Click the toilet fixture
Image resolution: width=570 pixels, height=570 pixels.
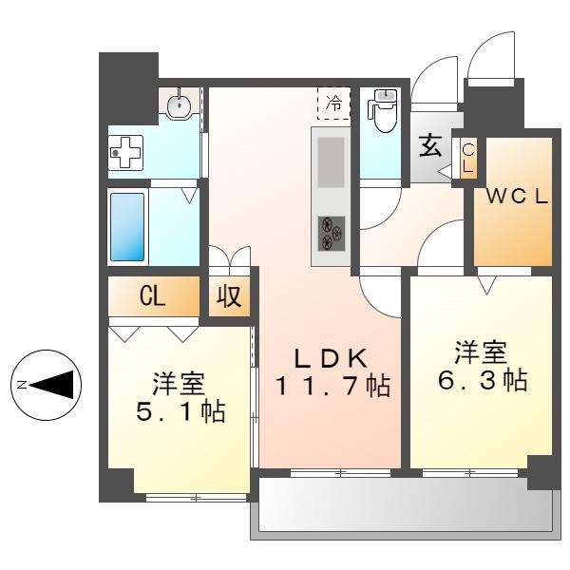coord(382,110)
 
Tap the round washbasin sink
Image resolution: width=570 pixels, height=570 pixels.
coord(179,104)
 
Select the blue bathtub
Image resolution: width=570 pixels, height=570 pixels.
coord(127,227)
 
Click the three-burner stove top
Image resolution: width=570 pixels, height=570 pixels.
coord(332,234)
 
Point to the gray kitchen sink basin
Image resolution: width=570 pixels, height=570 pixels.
coord(331,162)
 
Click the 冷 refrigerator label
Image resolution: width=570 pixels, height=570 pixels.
coord(333,103)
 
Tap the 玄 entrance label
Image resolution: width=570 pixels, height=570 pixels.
coord(430,145)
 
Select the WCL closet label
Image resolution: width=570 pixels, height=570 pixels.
coord(517,198)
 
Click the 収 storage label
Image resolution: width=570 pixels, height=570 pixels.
coord(229,295)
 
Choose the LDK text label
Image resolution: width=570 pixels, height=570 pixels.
coord(331,358)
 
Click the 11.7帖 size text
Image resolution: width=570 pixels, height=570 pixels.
coord(333,386)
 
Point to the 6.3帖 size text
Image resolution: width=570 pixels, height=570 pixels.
coord(483,381)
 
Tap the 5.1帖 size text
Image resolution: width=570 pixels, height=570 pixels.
coord(180,412)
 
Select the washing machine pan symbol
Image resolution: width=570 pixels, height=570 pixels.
coord(126,153)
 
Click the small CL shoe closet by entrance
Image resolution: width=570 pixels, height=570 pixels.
coord(467,158)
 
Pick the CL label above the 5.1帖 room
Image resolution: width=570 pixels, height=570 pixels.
coord(153,296)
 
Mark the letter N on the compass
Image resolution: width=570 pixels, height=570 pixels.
coord(23,384)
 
